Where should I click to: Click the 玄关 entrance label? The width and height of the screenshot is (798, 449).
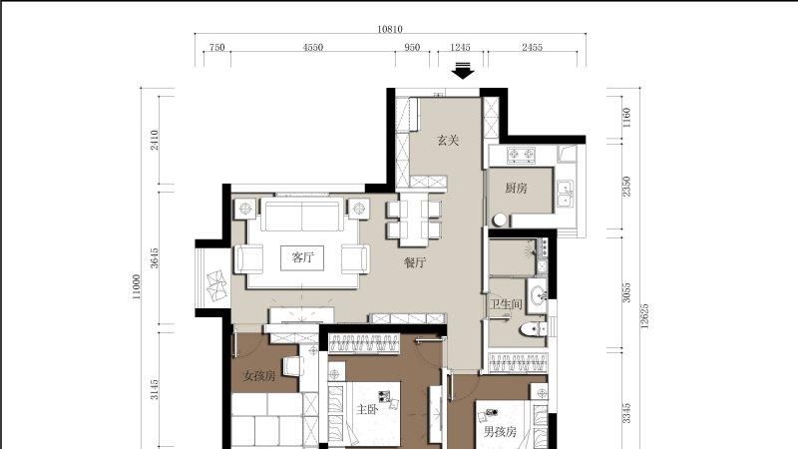tap(448, 140)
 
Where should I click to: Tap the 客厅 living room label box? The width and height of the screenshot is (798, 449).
tap(302, 257)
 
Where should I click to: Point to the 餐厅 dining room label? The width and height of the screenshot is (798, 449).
tap(415, 262)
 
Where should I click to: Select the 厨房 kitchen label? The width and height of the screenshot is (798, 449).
tap(516, 189)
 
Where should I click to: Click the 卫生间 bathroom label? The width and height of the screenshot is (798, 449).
tap(506, 305)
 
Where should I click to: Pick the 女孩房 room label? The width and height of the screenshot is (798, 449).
tap(259, 376)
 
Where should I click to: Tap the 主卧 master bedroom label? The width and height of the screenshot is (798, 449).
tap(366, 409)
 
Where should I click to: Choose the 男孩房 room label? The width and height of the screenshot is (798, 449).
tap(500, 432)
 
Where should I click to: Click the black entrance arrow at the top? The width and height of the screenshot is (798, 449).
tap(463, 71)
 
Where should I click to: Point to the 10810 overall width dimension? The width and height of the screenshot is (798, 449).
tap(390, 29)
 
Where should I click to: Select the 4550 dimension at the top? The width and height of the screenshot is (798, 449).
tap(313, 47)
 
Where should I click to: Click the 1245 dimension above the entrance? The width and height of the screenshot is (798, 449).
tap(460, 47)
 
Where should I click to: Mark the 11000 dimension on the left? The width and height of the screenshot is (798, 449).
tap(137, 287)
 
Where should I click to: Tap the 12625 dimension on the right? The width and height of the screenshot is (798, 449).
tap(644, 316)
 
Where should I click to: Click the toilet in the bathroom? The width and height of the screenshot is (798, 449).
tap(533, 329)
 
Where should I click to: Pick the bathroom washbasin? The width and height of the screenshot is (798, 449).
tap(538, 294)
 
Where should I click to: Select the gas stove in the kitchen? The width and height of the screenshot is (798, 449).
tap(521, 154)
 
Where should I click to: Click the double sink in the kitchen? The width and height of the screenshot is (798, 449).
tap(565, 194)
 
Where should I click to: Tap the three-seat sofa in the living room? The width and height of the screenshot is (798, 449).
tap(302, 216)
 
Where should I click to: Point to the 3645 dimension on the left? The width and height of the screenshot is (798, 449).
tap(155, 257)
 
